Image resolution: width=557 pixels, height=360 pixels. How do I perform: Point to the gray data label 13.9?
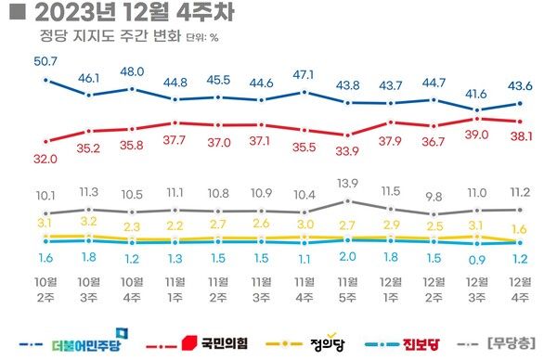pyautogui.click(x=347, y=185)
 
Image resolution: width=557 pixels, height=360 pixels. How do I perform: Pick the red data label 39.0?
pyautogui.click(x=478, y=135)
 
